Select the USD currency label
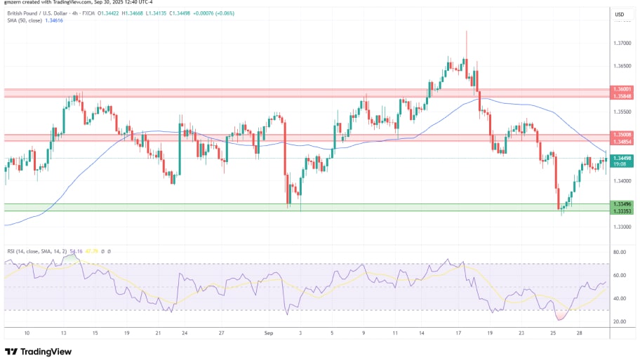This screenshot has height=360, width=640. [x=620, y=14]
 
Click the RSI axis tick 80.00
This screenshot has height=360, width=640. [x=620, y=252]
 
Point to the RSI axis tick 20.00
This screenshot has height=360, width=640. [x=620, y=321]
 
